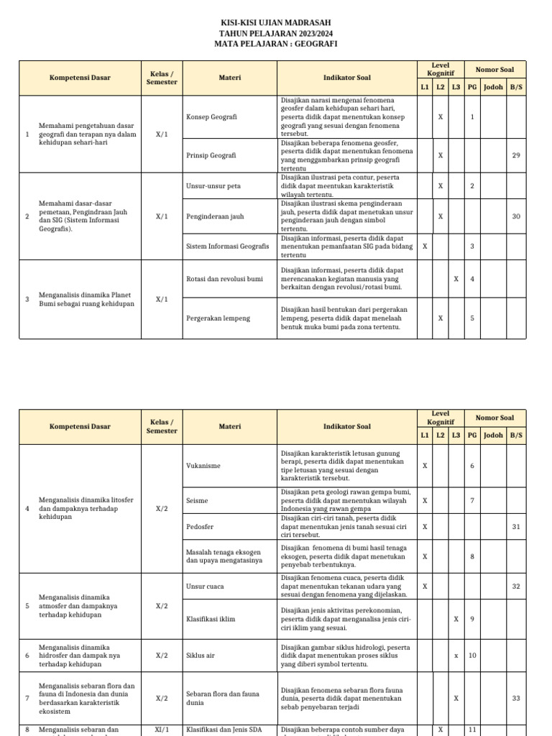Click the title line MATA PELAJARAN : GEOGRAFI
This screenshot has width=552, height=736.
click(275, 44)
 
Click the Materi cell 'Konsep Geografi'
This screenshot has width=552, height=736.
click(211, 116)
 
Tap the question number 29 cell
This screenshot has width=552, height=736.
click(516, 155)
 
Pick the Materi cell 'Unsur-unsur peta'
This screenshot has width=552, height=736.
click(213, 186)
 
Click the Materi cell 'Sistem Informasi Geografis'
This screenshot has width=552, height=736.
click(227, 246)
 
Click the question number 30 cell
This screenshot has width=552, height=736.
click(516, 216)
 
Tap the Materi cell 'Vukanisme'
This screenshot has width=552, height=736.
click(203, 466)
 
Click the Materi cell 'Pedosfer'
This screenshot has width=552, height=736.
click(200, 527)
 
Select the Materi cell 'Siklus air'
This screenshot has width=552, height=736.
click(202, 655)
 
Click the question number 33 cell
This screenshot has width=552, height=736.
click(516, 698)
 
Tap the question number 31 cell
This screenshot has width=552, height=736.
click(516, 527)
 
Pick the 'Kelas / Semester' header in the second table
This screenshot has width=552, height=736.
click(162, 426)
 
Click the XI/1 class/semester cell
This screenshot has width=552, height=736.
click(162, 730)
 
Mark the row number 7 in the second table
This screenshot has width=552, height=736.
click(27, 698)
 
